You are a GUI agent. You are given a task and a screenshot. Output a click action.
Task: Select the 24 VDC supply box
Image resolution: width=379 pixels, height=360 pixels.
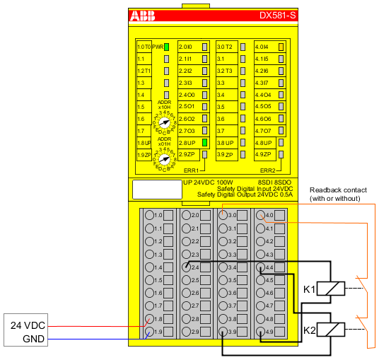click(x=26, y=325)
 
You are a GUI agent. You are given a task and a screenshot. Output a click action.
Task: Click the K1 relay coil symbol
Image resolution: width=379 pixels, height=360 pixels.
click(x=331, y=288)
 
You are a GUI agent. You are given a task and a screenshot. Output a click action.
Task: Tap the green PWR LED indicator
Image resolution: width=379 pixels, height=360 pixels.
click(x=167, y=47)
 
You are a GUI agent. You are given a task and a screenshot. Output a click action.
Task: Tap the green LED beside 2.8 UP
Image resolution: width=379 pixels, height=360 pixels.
click(x=204, y=142)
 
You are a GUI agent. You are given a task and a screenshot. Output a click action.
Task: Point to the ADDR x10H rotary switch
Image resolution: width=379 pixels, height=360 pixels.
click(x=165, y=122)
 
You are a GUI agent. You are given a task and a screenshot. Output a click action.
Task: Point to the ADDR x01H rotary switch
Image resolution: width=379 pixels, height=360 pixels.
click(x=165, y=160)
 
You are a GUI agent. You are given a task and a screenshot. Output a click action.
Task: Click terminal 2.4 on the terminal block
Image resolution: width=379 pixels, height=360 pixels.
click(x=187, y=267)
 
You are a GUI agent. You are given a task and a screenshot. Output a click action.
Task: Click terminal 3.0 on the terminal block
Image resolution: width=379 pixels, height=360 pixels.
click(x=224, y=214)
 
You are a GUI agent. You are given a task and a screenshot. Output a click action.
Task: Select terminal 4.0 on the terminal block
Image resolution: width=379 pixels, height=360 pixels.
click(x=262, y=215)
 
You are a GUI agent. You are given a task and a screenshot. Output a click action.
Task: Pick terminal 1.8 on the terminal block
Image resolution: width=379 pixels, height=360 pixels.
click(x=149, y=320)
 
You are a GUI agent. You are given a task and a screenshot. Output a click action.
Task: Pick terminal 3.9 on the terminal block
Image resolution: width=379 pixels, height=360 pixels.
click(x=224, y=332)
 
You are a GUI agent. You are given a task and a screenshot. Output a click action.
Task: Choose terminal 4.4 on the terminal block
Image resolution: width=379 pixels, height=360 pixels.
click(x=262, y=267)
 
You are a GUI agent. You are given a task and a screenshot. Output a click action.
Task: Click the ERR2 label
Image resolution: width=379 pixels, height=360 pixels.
click(x=267, y=170)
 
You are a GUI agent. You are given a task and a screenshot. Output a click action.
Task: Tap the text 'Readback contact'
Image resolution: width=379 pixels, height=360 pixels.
click(x=332, y=190)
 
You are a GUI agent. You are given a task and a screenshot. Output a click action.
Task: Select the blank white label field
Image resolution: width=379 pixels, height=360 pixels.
click(x=157, y=189)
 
